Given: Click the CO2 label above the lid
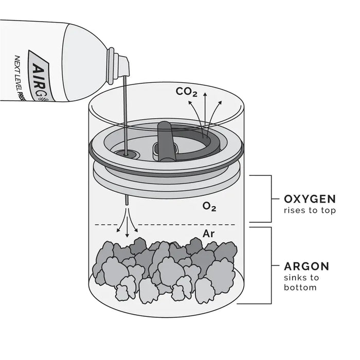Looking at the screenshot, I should [186, 92].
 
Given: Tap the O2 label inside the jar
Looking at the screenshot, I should [209, 207].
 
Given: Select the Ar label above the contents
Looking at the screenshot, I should [208, 234].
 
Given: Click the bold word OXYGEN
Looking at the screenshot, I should [310, 199].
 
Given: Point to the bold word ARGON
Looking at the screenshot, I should [307, 267].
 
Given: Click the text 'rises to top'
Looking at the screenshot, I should [310, 210].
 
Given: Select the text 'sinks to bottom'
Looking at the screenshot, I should [301, 282].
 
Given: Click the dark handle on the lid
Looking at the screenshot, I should [165, 140].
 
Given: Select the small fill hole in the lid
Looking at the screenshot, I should [126, 153].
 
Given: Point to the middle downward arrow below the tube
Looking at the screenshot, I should [127, 226].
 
